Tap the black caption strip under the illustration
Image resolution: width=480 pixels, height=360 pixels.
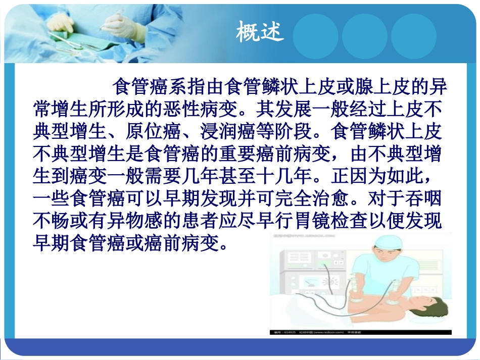click(360, 332)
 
